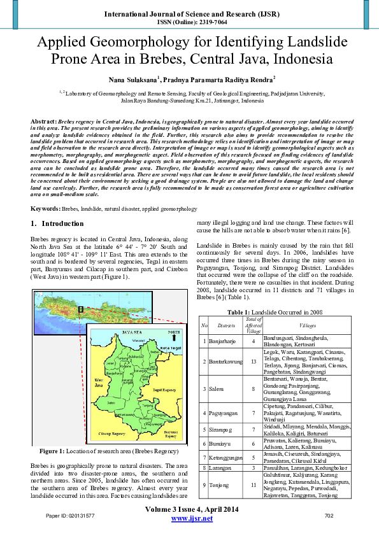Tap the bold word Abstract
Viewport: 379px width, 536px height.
(x=44, y=120)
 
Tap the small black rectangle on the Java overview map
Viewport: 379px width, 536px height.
(x=80, y=309)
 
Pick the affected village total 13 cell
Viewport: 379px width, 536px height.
(x=254, y=362)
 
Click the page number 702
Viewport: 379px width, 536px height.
(x=329, y=515)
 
